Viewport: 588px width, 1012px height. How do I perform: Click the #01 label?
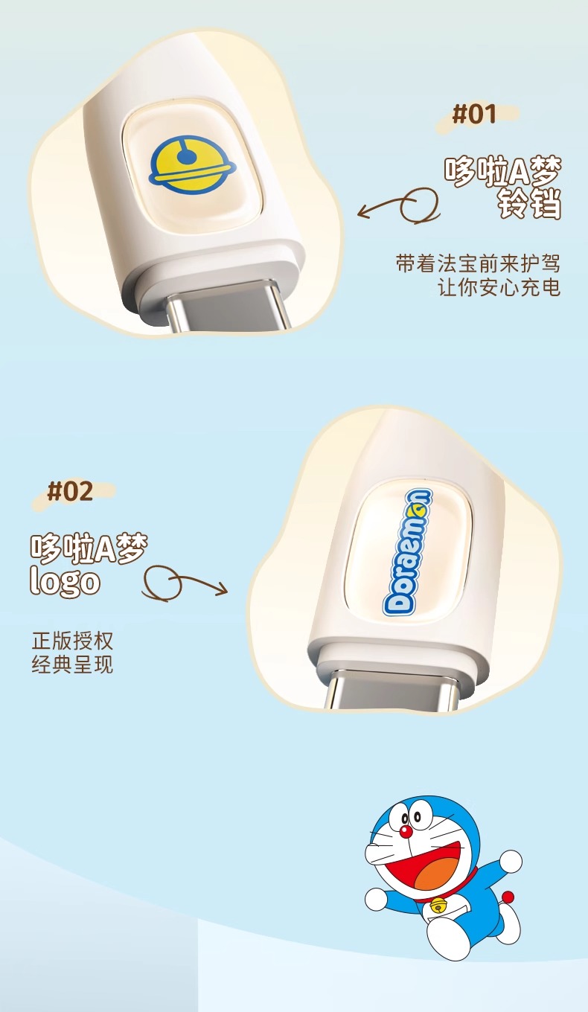pyautogui.click(x=474, y=114)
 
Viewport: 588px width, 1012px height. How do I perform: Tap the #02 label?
pyautogui.click(x=70, y=490)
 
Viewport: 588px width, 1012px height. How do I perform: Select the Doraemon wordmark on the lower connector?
pyautogui.click(x=407, y=551)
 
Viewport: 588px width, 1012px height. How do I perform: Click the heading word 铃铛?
pyautogui.click(x=530, y=205)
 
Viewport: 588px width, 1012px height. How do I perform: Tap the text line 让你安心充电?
pyautogui.click(x=499, y=287)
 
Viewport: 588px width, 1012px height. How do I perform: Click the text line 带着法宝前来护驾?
pyautogui.click(x=478, y=264)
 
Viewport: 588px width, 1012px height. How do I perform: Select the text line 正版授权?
pyautogui.click(x=72, y=640)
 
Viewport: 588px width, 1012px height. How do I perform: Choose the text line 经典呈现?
pyautogui.click(x=72, y=664)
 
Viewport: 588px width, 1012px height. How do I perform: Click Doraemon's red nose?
pyautogui.click(x=406, y=831)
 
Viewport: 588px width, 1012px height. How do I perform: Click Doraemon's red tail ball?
pyautogui.click(x=508, y=895)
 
